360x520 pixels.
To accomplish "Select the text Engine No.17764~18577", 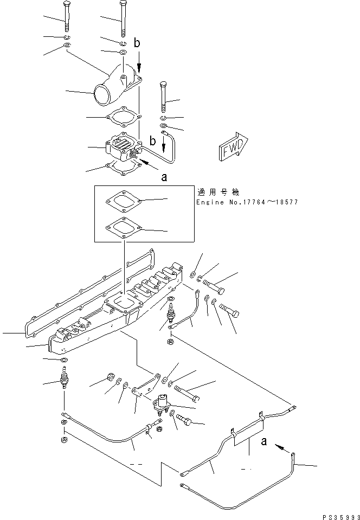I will pyautogui.click(x=247, y=202).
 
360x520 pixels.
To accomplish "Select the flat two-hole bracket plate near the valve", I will pyautogui.click(x=147, y=384).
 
